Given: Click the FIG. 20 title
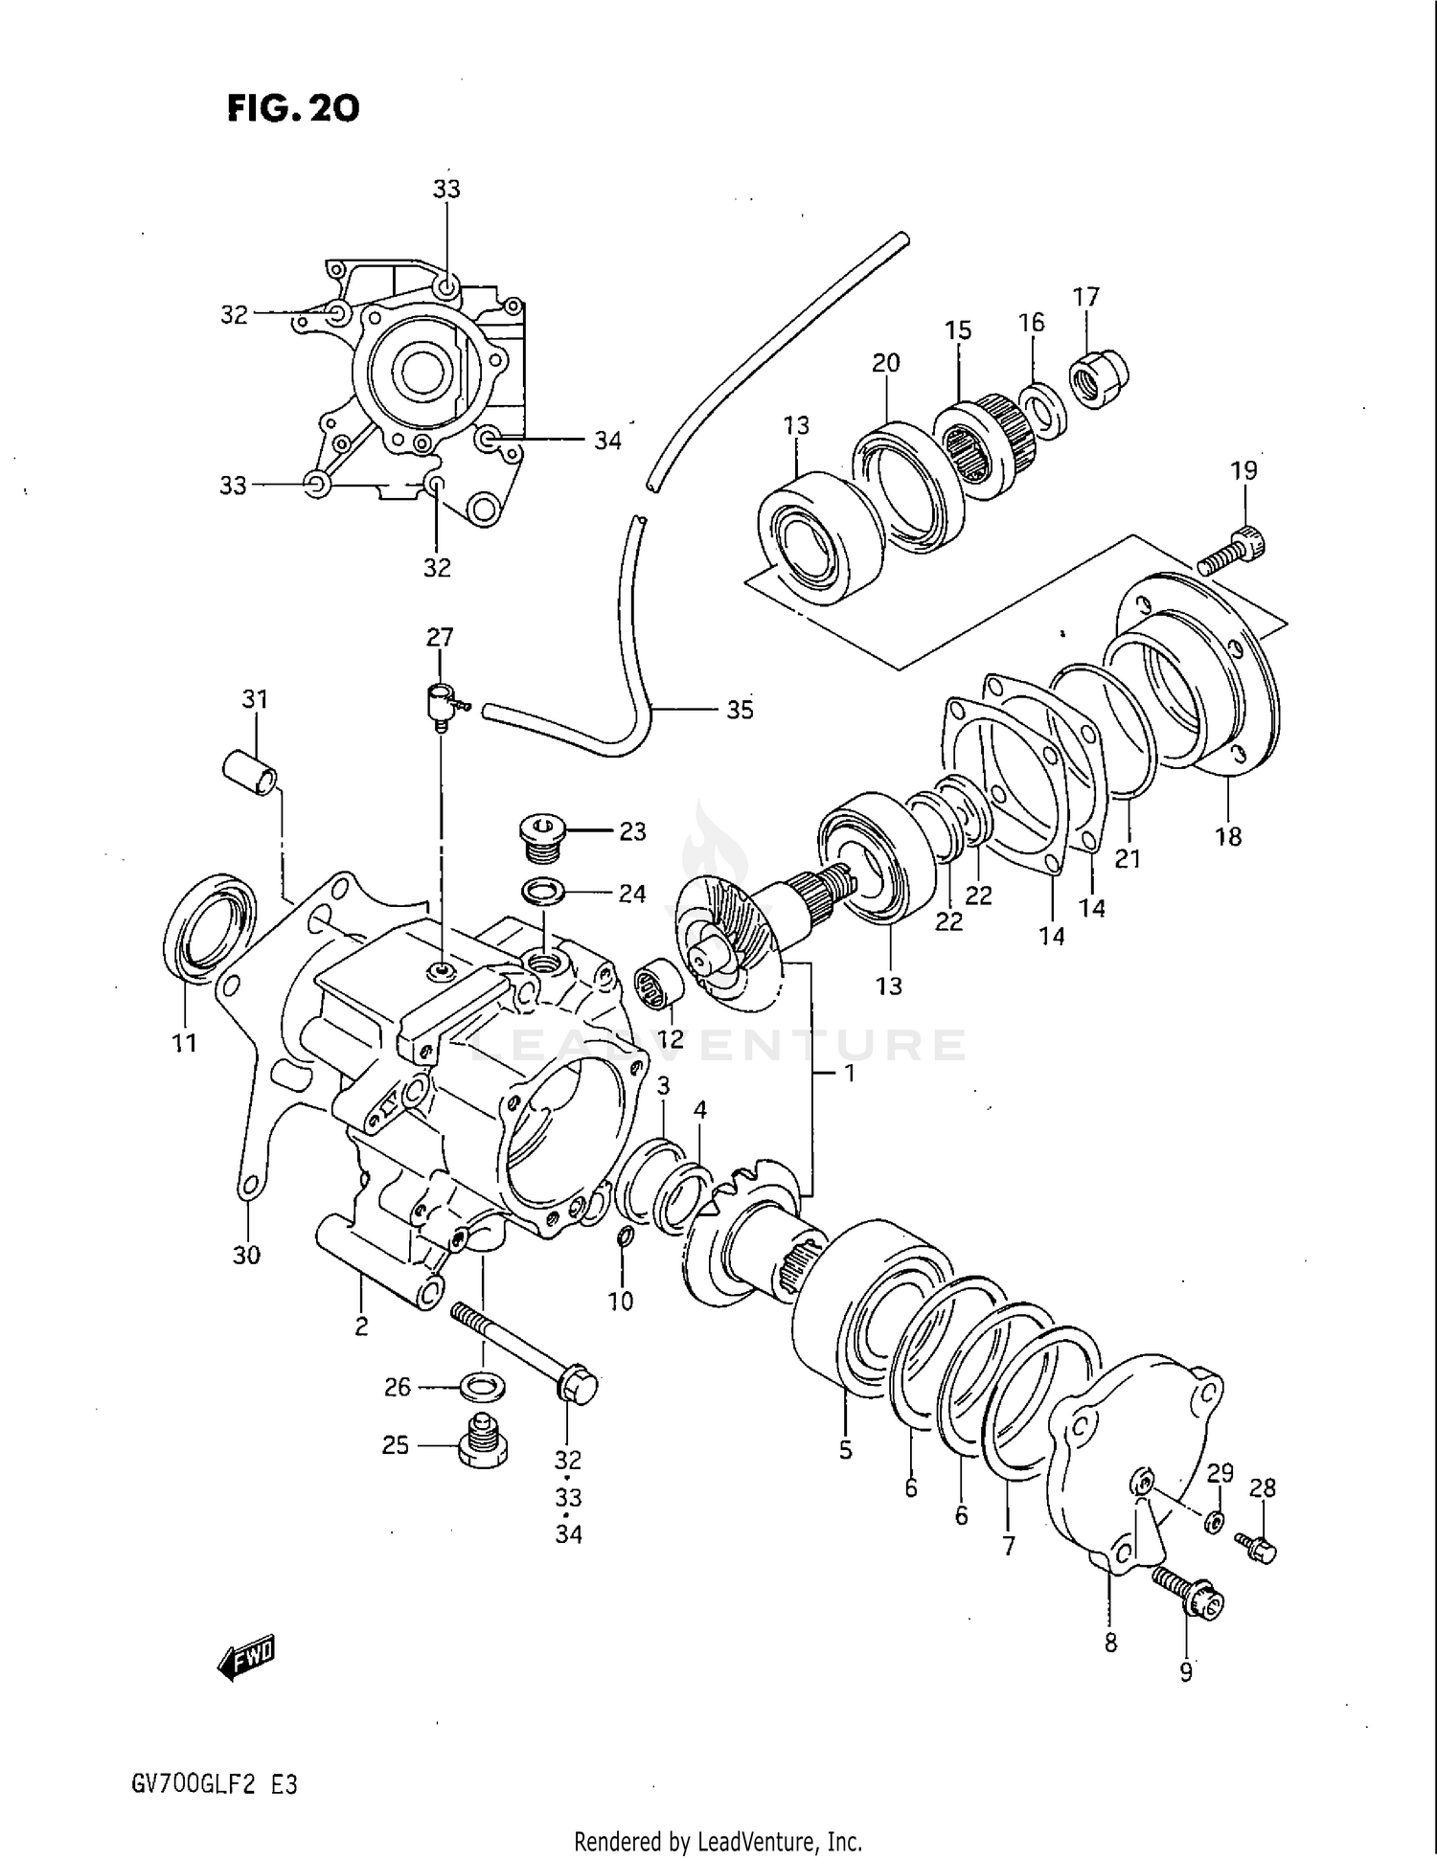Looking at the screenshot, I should pyautogui.click(x=293, y=109).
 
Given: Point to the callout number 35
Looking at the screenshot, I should pyautogui.click(x=740, y=710).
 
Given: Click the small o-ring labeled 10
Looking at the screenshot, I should pyautogui.click(x=623, y=1239).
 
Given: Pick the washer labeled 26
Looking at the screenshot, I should pyautogui.click(x=484, y=1385).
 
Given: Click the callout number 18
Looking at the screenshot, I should pyautogui.click(x=1228, y=836).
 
